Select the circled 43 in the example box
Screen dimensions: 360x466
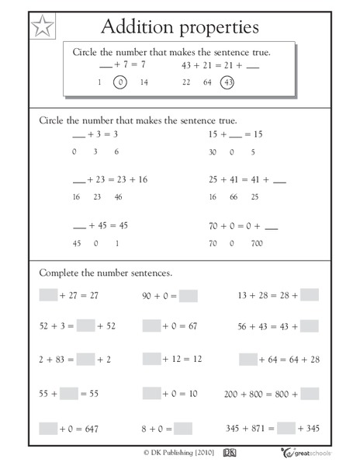click(227, 82)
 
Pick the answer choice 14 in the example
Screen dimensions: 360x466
click(144, 82)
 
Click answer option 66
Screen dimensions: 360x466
click(232, 197)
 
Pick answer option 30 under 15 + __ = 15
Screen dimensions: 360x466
click(213, 151)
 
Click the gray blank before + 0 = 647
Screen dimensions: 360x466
click(48, 428)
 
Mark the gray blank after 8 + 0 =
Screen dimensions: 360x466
click(182, 428)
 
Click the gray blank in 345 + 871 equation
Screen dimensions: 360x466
click(286, 428)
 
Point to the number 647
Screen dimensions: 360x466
click(97, 429)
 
